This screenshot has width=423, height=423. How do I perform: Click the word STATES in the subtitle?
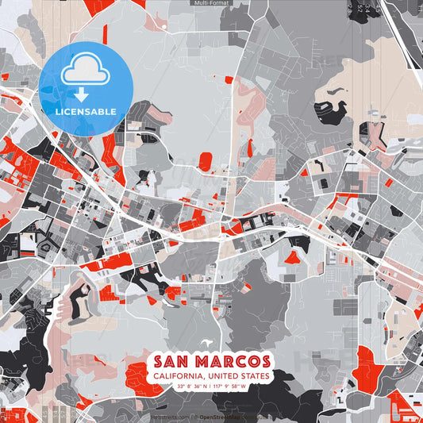(256, 375)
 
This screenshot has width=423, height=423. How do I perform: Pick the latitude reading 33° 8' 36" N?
(193, 386)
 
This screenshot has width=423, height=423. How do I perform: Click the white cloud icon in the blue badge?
(85, 71)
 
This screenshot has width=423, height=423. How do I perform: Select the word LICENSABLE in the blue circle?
(85, 110)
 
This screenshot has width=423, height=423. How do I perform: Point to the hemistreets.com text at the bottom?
(170, 417)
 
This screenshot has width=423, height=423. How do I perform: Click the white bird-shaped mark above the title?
(209, 343)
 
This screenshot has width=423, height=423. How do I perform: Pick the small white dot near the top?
(164, 27)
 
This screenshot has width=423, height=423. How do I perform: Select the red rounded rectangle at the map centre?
(205, 162)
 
